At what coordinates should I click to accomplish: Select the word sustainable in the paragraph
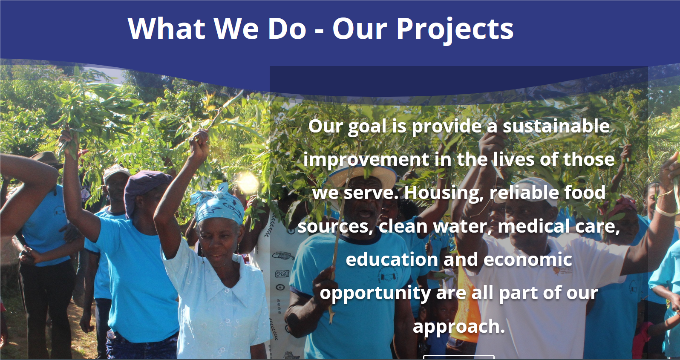click(556, 126)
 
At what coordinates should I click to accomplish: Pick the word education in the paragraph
click(392, 259)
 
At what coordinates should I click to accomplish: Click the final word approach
click(459, 327)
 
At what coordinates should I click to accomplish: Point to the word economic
click(527, 259)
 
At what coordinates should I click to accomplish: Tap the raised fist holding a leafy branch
click(199, 143)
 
